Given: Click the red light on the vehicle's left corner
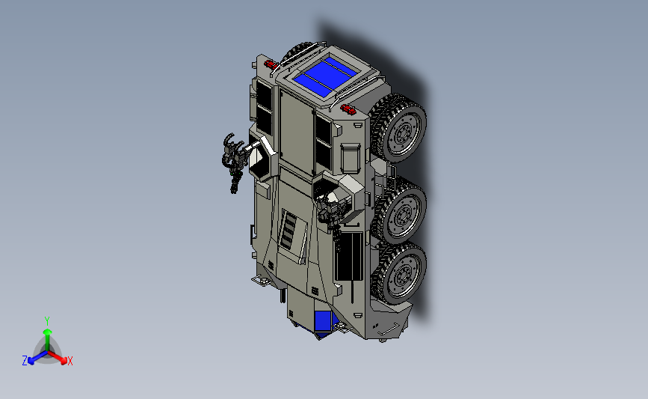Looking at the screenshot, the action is [271, 64].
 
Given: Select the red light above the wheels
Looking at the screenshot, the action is [348, 109].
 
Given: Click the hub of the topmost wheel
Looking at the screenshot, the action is [401, 133].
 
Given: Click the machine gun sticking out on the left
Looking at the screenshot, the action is [234, 162].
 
